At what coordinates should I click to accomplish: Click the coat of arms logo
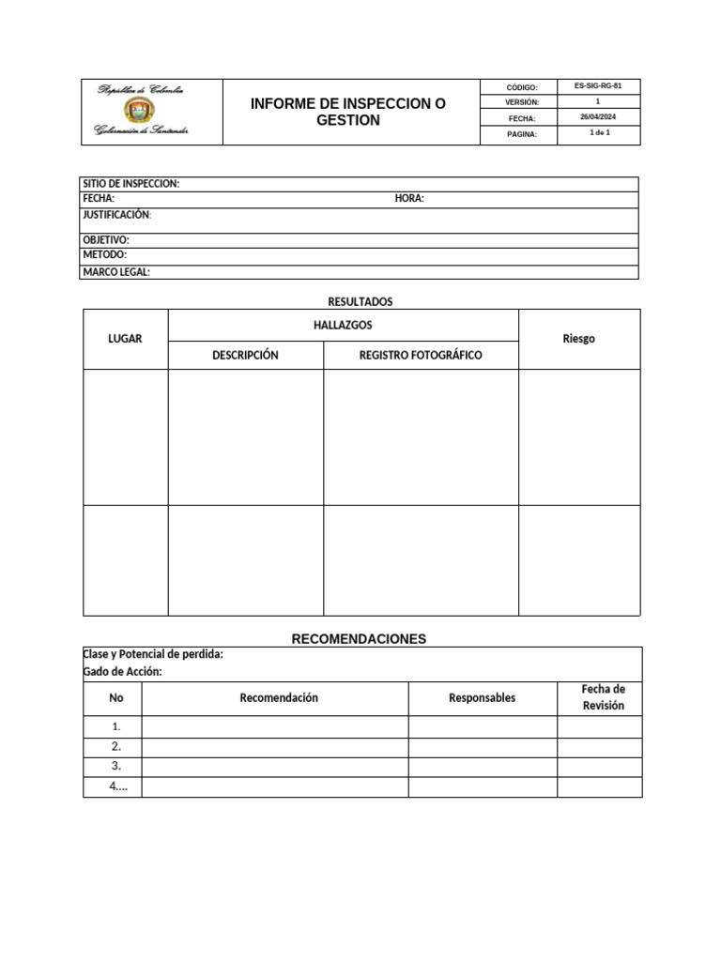141,111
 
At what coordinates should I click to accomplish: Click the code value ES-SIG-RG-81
597,85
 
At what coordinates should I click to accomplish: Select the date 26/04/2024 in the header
597,116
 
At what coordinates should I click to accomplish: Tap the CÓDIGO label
522,87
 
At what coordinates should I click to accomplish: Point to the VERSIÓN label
522,102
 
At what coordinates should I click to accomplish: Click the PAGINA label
522,135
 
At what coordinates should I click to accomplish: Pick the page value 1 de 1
598,133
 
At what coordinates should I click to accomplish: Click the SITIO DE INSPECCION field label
131,184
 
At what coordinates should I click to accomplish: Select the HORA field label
409,199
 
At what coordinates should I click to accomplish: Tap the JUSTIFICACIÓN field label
117,215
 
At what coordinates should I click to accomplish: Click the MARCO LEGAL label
116,272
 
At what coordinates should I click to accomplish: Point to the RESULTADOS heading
360,301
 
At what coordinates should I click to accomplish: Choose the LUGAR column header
125,339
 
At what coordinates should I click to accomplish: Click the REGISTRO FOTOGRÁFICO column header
421,356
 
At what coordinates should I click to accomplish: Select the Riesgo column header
578,339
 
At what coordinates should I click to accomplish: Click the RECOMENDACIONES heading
359,638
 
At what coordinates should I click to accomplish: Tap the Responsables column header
482,697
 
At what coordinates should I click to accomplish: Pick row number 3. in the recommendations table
116,766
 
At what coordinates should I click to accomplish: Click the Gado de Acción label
123,672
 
